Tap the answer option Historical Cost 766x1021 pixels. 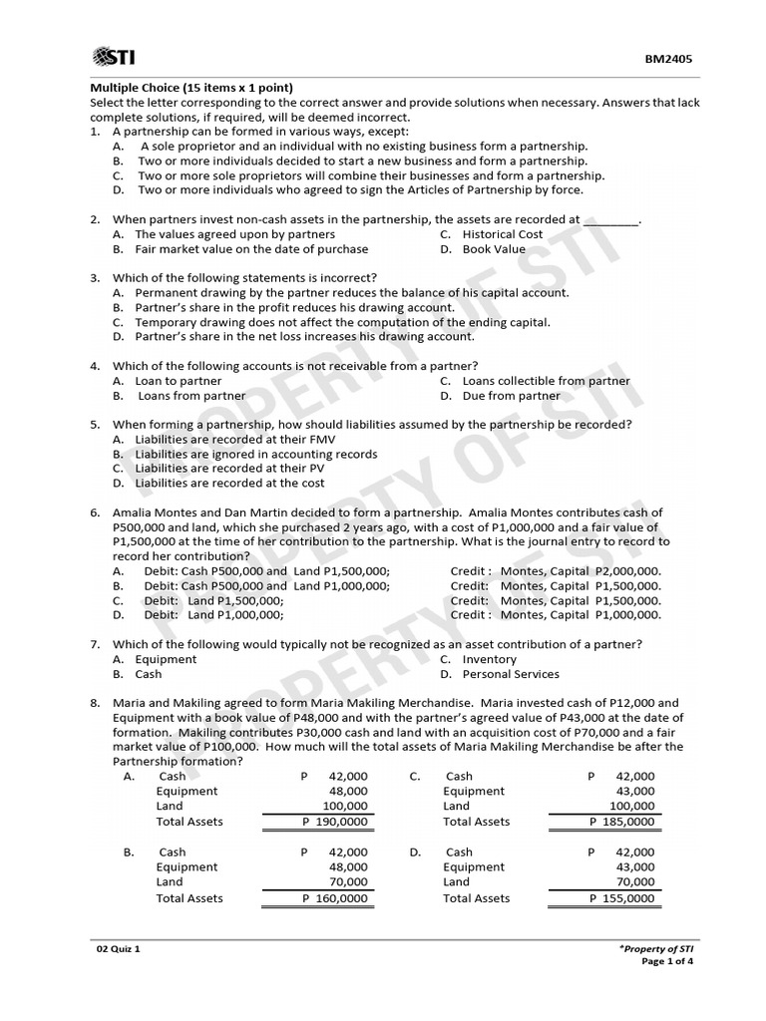click(503, 234)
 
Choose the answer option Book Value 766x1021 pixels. click(494, 249)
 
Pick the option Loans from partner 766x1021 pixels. click(191, 396)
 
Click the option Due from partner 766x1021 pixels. click(512, 396)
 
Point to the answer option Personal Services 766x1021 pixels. click(512, 674)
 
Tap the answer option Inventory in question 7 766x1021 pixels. click(490, 659)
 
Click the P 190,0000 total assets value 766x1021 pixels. click(334, 822)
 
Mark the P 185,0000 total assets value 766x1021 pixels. click(621, 822)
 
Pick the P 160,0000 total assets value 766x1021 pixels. click(334, 898)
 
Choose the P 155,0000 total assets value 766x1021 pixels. click(621, 898)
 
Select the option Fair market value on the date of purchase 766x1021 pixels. click(251, 249)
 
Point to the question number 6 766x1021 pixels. click(95, 512)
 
